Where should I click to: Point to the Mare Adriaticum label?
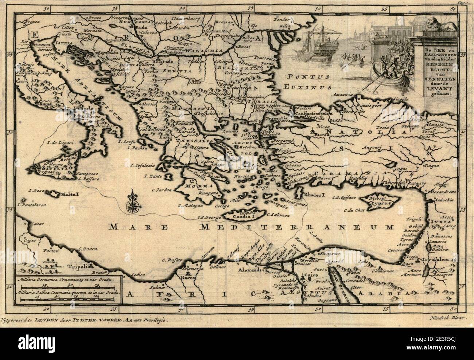click(89, 80)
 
